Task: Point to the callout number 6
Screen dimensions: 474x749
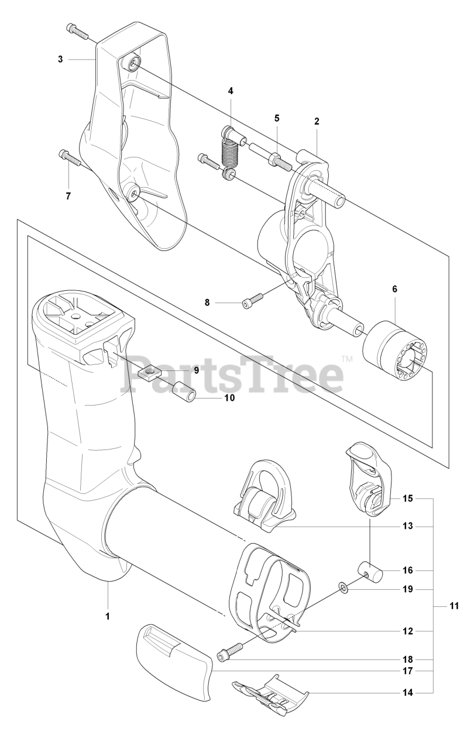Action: [394, 289]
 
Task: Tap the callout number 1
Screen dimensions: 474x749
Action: [108, 616]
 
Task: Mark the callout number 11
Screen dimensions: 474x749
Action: [454, 606]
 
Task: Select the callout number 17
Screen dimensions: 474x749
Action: [408, 670]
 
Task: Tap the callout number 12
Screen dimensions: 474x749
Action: [408, 631]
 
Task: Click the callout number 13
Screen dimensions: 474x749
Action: [408, 526]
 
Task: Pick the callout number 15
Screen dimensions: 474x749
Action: [408, 499]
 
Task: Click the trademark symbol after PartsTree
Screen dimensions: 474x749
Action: [346, 359]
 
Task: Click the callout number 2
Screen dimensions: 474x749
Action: [317, 122]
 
